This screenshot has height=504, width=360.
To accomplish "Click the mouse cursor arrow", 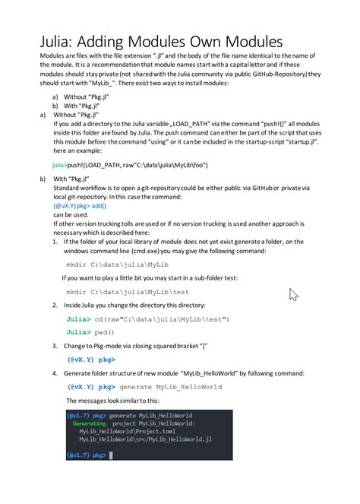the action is click(x=294, y=295).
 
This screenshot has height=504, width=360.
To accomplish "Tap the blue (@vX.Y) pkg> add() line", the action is click(x=80, y=205).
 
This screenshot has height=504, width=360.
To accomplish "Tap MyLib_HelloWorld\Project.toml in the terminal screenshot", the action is click(x=123, y=431).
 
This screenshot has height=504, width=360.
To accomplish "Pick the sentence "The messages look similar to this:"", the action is click(x=112, y=400).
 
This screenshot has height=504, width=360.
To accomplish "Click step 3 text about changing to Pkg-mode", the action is click(x=136, y=346).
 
